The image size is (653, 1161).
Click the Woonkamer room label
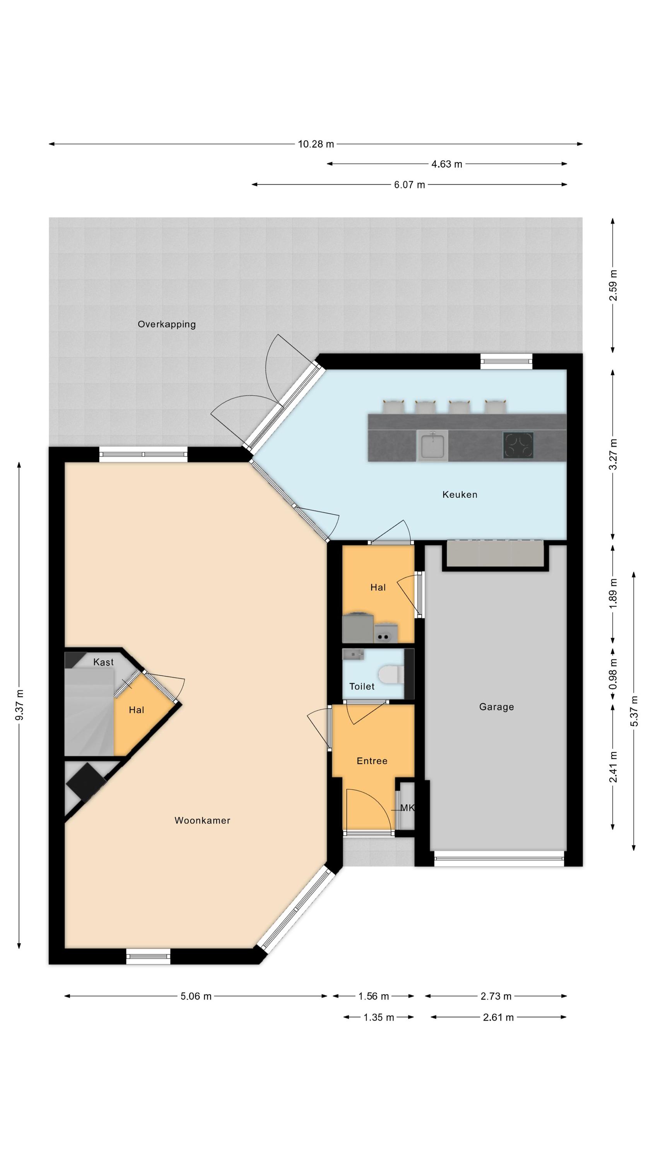(x=202, y=820)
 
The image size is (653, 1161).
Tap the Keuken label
(x=460, y=495)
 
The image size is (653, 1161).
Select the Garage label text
(x=496, y=707)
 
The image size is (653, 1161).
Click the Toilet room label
(x=362, y=686)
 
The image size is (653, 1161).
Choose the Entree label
(x=372, y=761)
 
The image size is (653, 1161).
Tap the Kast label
(x=103, y=662)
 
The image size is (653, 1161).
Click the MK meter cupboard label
(x=407, y=808)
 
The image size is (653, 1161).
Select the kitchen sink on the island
(x=432, y=445)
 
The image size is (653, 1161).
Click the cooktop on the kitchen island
(x=518, y=445)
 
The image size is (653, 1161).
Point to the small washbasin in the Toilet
(x=353, y=654)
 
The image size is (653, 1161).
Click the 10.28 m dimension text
(x=316, y=144)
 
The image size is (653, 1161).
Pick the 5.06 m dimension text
(x=196, y=996)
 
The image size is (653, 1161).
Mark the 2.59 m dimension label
(x=613, y=285)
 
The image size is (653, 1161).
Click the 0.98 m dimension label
(x=613, y=673)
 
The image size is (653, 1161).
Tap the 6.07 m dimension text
(x=409, y=184)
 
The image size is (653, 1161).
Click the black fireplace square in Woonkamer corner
(x=87, y=783)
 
